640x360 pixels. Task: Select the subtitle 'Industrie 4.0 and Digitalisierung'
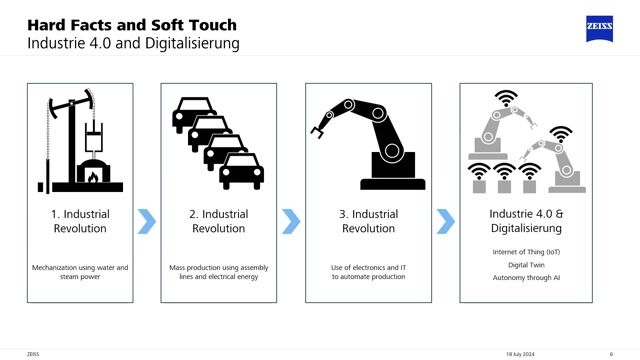pyautogui.click(x=132, y=44)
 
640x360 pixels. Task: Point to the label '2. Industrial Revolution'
pyautogui.click(x=218, y=221)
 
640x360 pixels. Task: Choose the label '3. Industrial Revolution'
pyautogui.click(x=368, y=221)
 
